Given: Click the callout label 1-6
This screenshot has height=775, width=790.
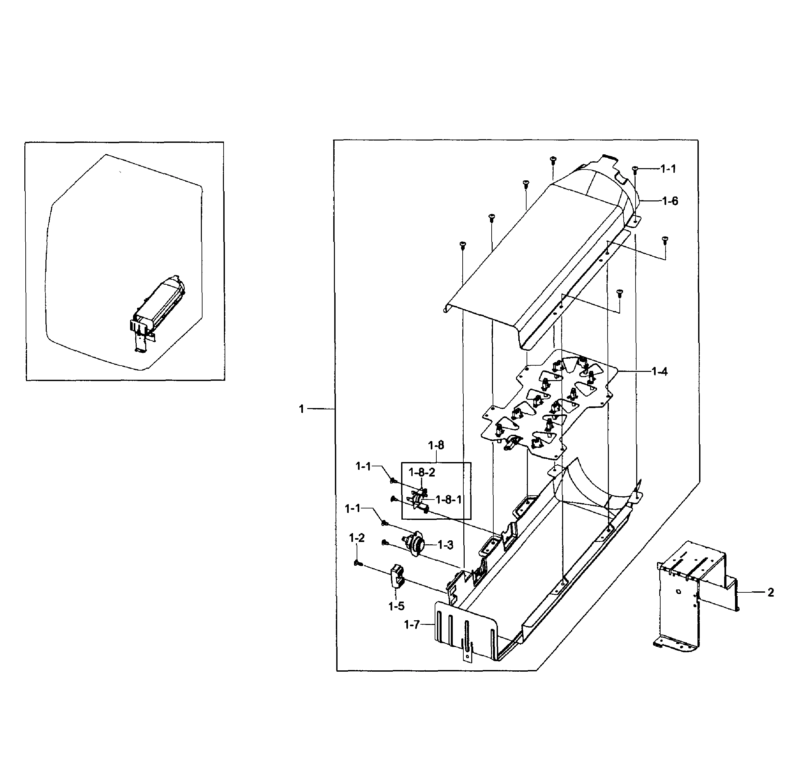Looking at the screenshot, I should [670, 201].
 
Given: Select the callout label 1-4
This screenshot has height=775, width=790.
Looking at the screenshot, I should [659, 371].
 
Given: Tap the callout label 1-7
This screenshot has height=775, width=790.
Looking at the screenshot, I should [412, 624].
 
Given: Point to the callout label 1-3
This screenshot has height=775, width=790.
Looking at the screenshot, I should [445, 545].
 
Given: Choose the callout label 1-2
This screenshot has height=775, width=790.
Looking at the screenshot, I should [357, 538].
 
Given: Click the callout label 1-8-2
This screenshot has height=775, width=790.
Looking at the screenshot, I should [422, 472].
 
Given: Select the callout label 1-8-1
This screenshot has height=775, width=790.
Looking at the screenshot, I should [448, 500].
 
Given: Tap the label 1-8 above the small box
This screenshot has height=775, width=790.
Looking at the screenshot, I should [436, 445].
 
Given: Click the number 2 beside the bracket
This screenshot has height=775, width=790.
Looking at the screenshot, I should [771, 593].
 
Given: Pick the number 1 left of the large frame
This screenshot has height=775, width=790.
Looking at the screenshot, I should [301, 409].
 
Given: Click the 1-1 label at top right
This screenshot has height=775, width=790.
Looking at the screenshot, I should [668, 168].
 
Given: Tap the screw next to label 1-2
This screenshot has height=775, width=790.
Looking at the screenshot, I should [358, 563].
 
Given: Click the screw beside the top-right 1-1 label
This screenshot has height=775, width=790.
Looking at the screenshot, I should [635, 169].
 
